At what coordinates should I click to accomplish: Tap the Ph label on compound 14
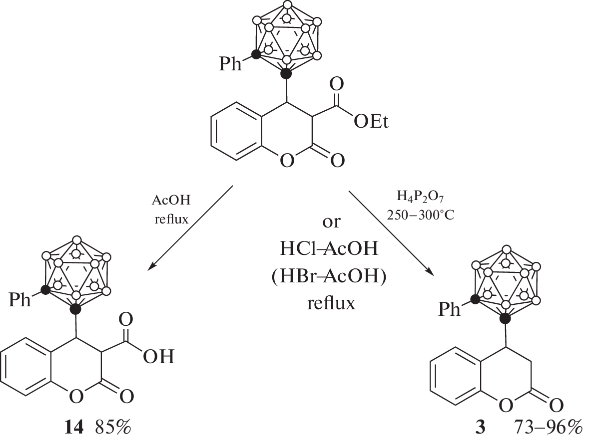point(20,301)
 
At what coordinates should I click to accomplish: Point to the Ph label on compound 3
point(450,310)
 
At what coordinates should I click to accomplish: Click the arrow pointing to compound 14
point(191,227)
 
